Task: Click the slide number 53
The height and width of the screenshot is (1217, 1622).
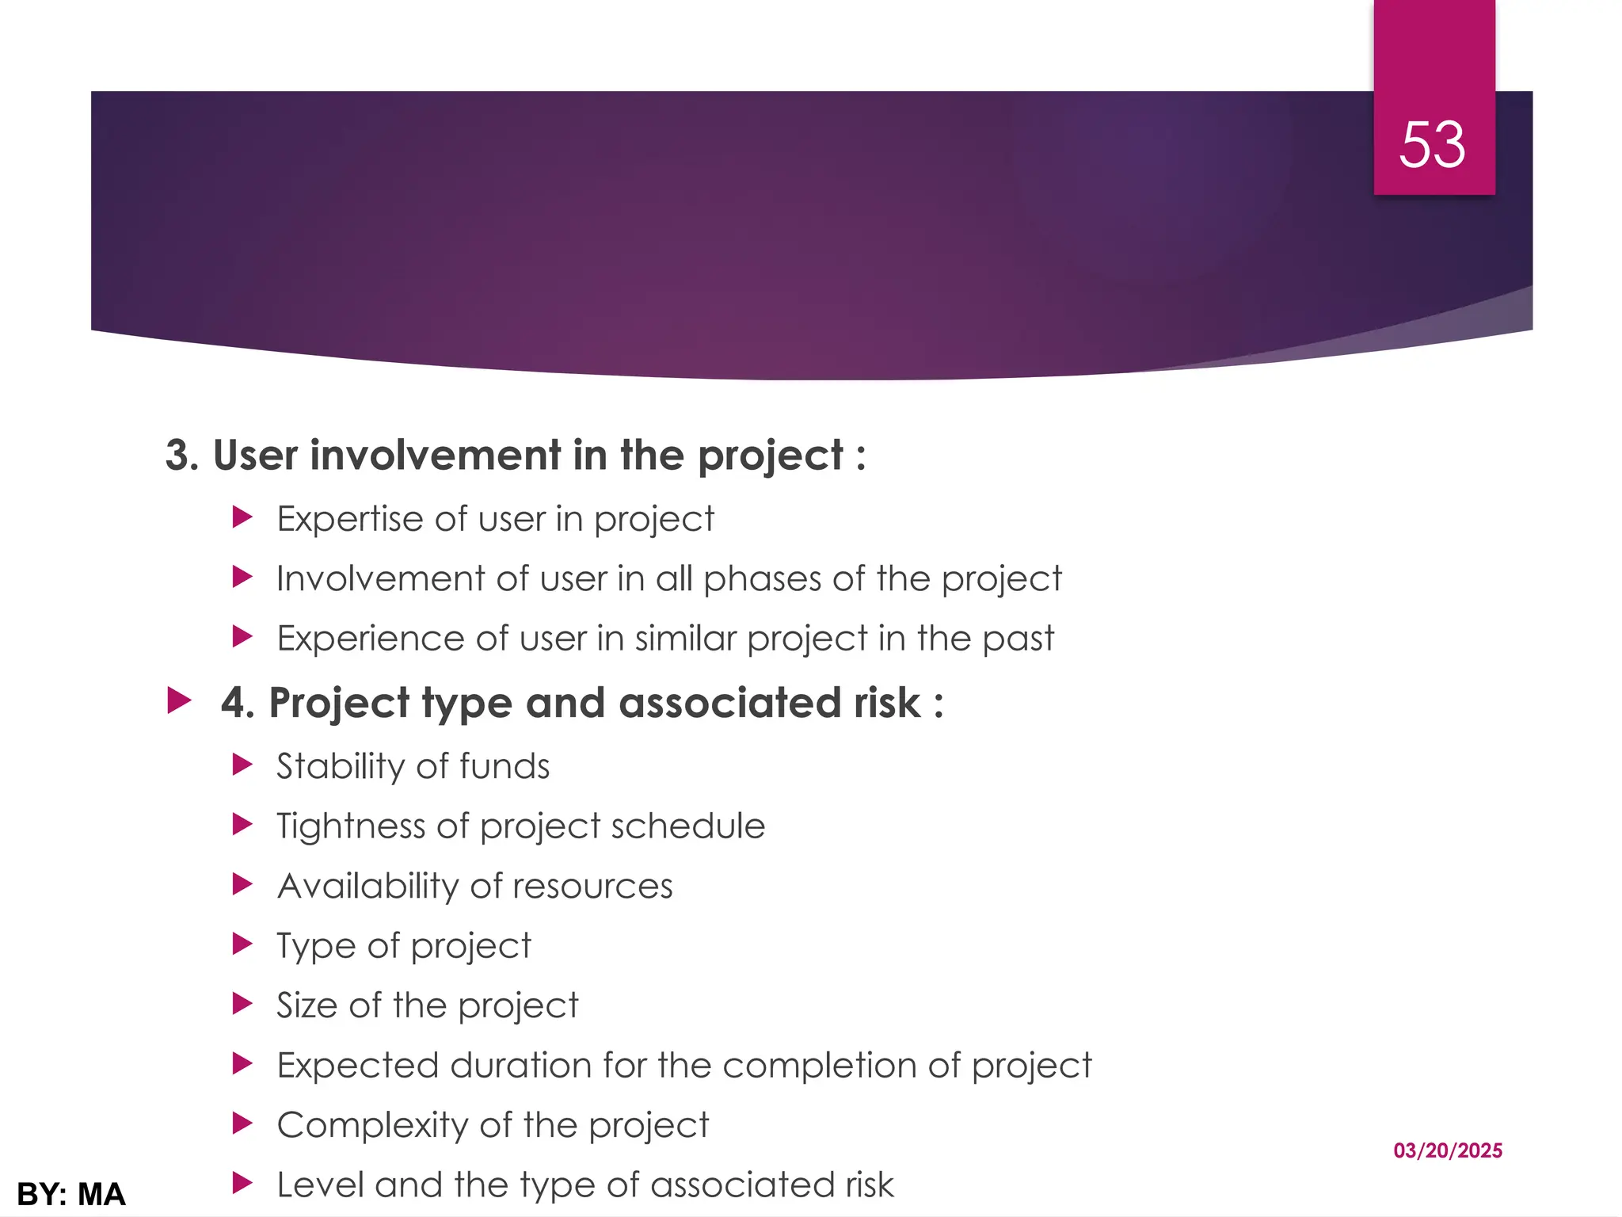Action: point(1432,145)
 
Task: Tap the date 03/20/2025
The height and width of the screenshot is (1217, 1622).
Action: point(1448,1150)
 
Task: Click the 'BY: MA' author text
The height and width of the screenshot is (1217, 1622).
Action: point(71,1194)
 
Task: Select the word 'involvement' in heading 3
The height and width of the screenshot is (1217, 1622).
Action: point(435,456)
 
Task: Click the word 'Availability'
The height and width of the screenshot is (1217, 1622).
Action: point(367,886)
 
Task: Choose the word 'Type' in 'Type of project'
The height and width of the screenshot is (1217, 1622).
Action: point(314,946)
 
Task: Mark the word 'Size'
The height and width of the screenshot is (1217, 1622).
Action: point(307,1005)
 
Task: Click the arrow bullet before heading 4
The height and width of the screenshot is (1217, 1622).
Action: point(181,701)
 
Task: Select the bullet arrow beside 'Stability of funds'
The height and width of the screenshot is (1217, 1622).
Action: point(242,765)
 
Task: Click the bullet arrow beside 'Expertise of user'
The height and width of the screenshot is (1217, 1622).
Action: point(242,518)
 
